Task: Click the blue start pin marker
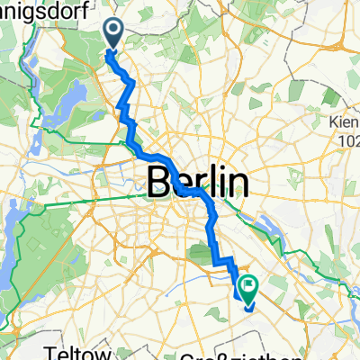click(x=114, y=34)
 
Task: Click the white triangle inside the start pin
click(x=114, y=31)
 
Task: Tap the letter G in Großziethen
click(x=199, y=353)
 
